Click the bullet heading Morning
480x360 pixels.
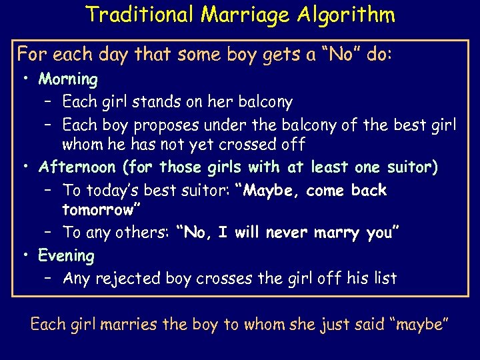(x=68, y=79)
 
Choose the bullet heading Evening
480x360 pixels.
(x=66, y=255)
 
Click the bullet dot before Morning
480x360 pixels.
(x=25, y=79)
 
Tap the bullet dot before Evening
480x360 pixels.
(x=25, y=255)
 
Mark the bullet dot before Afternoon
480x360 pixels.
(x=25, y=167)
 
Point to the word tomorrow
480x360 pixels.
(x=97, y=211)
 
